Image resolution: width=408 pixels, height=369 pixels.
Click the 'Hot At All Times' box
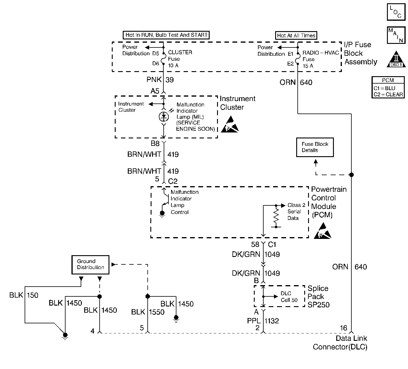(x=296, y=36)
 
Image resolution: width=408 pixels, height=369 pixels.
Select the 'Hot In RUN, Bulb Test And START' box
(x=166, y=35)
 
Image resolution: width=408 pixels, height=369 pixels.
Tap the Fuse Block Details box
(x=315, y=147)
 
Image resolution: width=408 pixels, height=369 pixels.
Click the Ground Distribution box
(x=90, y=264)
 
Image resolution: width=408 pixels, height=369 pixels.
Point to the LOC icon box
(x=396, y=12)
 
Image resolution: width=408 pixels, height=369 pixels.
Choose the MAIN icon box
(x=396, y=35)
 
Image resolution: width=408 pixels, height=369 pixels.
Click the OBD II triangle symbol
(x=396, y=60)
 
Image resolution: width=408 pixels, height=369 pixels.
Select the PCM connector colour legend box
(x=388, y=87)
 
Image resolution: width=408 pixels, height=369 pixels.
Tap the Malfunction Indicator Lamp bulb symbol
(x=163, y=117)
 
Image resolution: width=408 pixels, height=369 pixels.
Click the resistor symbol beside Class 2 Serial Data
(x=276, y=216)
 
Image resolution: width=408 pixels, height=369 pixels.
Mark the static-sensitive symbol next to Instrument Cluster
(x=232, y=124)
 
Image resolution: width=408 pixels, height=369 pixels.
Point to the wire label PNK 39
(x=160, y=80)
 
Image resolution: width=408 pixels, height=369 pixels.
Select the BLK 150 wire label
(x=24, y=295)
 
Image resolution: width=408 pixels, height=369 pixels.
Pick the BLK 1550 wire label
(x=148, y=312)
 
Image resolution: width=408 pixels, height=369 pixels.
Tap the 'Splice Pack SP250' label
(x=318, y=296)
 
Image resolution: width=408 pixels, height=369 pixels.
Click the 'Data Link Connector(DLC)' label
(x=340, y=343)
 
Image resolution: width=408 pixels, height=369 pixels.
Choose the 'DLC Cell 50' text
(x=289, y=297)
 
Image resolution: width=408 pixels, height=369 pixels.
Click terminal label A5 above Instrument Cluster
(x=155, y=91)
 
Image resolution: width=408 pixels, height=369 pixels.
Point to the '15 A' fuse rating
(x=308, y=66)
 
